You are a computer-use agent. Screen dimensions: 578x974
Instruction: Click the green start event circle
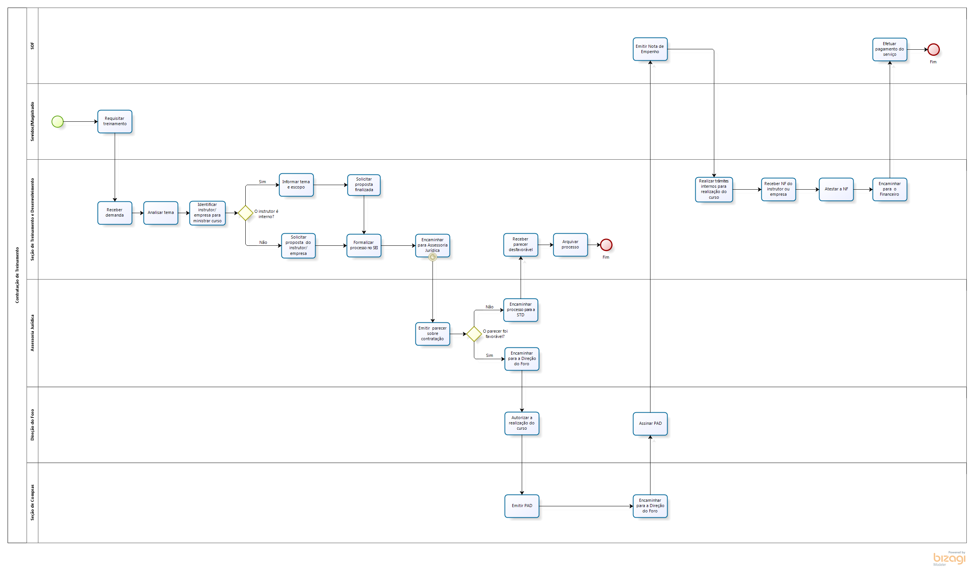pos(57,121)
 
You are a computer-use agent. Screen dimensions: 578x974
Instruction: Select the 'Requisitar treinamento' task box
pos(115,121)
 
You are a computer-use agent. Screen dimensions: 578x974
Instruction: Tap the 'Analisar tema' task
pos(161,213)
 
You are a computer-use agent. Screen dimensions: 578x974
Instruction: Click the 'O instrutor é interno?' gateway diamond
pos(245,213)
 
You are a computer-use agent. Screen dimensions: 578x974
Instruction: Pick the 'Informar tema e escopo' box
pos(296,185)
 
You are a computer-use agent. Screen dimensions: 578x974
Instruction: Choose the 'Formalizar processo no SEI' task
pos(364,245)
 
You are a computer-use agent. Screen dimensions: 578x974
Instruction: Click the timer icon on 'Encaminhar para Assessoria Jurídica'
pos(433,257)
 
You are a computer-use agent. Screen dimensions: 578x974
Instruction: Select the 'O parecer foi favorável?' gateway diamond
pos(474,334)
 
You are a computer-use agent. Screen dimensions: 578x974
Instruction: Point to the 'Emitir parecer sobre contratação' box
pos(433,334)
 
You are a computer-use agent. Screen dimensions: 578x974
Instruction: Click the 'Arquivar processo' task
pos(570,245)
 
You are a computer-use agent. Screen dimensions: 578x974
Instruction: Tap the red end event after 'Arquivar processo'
pos(606,245)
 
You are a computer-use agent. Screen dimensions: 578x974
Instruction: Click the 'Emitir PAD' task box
pos(522,506)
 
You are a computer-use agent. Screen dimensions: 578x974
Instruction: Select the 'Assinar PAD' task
pos(650,423)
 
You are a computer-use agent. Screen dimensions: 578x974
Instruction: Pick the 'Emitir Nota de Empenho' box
pos(650,49)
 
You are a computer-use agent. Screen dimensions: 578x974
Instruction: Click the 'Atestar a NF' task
pos(836,189)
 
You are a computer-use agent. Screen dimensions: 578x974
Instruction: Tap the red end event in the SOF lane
pos(933,49)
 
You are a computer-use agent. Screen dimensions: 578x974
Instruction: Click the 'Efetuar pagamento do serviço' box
pos(889,49)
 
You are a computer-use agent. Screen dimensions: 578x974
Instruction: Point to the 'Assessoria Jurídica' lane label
pos(32,333)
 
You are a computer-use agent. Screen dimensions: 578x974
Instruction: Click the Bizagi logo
pos(949,559)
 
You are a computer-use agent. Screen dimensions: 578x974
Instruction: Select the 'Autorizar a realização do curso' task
pos(522,423)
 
